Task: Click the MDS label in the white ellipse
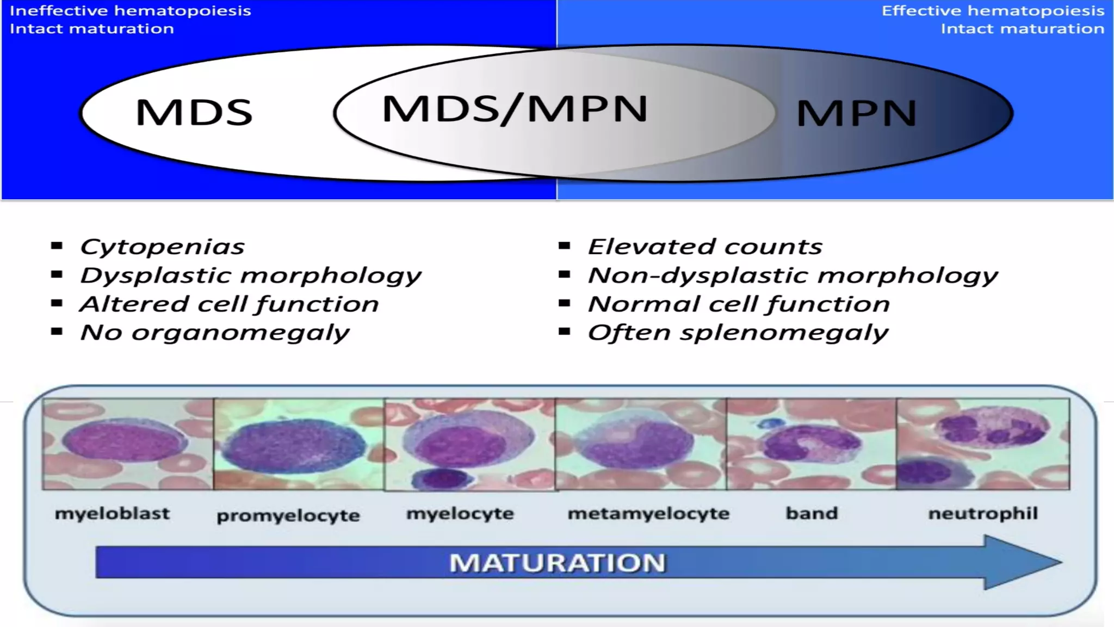pos(194,112)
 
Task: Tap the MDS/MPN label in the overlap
pos(515,109)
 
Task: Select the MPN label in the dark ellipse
pos(857,113)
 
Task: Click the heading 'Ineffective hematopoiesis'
pos(131,11)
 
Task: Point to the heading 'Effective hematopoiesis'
pos(993,11)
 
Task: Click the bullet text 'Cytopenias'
pos(162,247)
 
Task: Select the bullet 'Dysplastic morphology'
pos(250,275)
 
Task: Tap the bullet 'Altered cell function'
pos(229,304)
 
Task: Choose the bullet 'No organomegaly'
pos(215,333)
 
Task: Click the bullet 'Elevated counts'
pos(705,247)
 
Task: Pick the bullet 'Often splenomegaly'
pos(738,333)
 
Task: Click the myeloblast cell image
pos(127,444)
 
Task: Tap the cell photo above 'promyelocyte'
pos(299,444)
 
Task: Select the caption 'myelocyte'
pos(460,513)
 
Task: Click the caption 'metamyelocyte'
pos(648,513)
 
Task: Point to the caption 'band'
pos(812,513)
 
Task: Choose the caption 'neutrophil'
pos(983,513)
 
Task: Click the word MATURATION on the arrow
pos(558,563)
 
